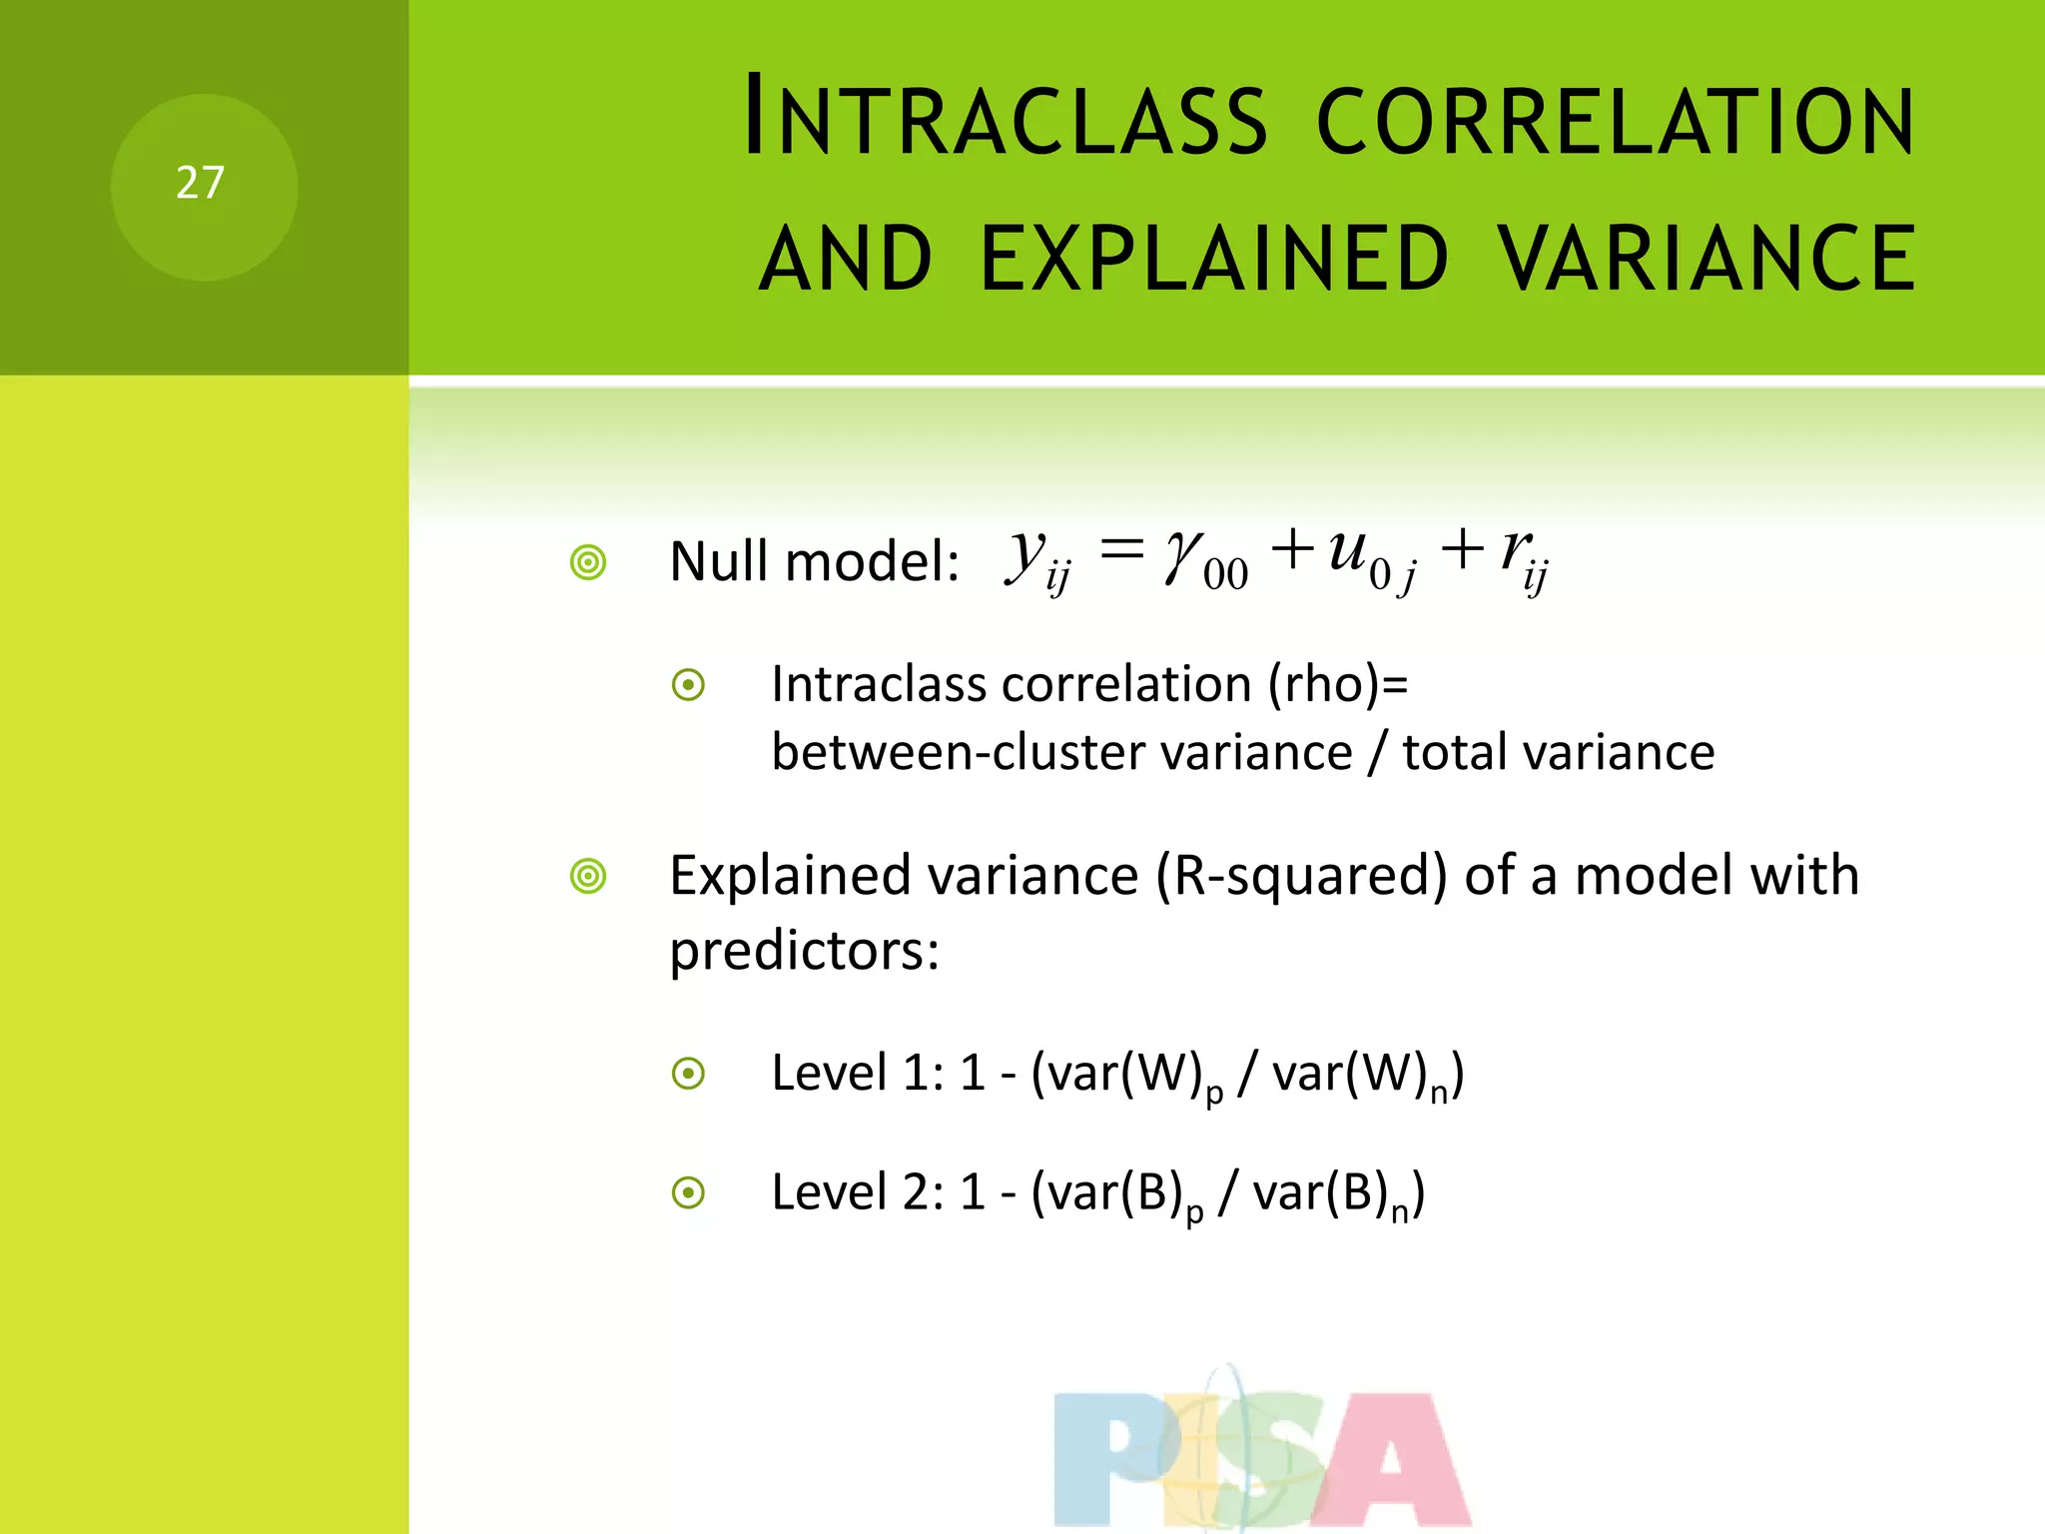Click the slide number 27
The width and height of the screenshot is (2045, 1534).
(x=200, y=184)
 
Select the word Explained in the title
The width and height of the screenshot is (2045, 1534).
(x=1214, y=259)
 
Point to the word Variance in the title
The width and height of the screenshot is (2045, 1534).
(x=1706, y=259)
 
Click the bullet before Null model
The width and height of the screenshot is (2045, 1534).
(x=588, y=562)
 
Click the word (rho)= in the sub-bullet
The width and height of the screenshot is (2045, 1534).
(x=1338, y=685)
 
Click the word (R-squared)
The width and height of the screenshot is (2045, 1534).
(x=1301, y=877)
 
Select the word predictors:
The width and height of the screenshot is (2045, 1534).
(x=804, y=950)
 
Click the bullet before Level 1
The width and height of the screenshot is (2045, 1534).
(x=688, y=1074)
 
